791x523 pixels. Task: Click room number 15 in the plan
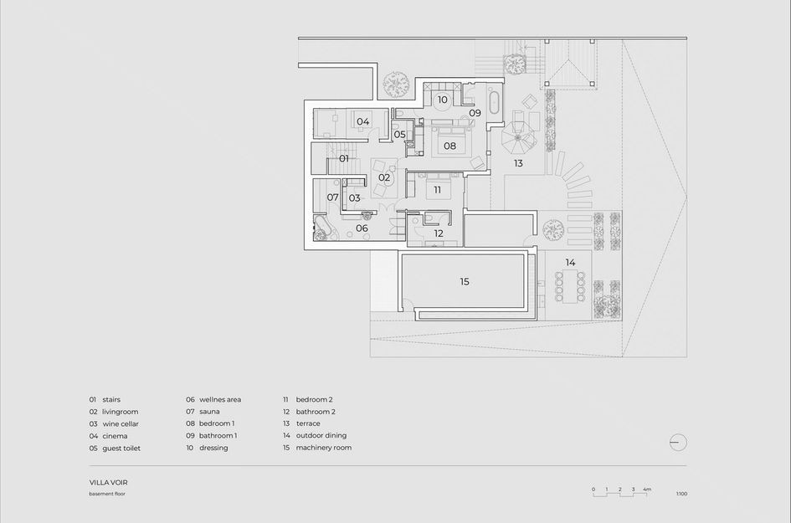(x=465, y=282)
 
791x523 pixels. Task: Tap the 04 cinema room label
(x=362, y=122)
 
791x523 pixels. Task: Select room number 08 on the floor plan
(x=449, y=146)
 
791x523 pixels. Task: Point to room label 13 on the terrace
(x=518, y=163)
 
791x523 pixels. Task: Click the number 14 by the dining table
(x=570, y=263)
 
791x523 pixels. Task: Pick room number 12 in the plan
(x=439, y=233)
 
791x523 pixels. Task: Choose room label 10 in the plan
(x=442, y=100)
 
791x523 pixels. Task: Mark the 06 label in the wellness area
(x=362, y=228)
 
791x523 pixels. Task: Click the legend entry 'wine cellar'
(x=121, y=424)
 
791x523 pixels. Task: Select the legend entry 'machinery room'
(x=323, y=448)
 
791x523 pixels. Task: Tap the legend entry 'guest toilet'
(x=121, y=448)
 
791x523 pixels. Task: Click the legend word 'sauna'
(x=208, y=412)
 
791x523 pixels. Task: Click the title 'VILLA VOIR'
(x=109, y=483)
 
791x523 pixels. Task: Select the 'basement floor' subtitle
(x=108, y=494)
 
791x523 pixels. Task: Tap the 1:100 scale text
(x=681, y=494)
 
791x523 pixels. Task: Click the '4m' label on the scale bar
(x=647, y=489)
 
